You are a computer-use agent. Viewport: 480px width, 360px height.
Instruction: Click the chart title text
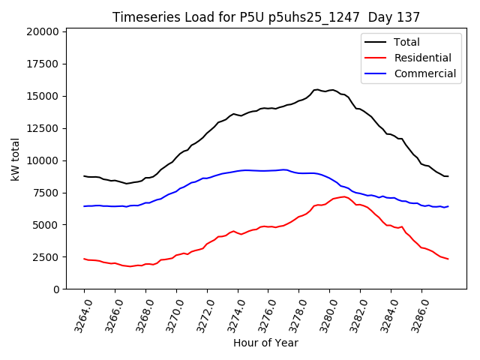coord(266,17)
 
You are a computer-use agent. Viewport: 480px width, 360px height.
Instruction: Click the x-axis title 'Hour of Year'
coord(265,343)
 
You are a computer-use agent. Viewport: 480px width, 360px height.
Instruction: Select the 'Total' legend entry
coord(406,42)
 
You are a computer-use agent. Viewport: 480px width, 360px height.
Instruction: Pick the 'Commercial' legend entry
coord(424,73)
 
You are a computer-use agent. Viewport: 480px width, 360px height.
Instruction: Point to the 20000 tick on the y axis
coord(42,31)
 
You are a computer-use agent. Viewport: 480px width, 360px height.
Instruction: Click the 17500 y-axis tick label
coord(42,64)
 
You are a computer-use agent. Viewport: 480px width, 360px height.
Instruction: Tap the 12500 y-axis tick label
coord(42,128)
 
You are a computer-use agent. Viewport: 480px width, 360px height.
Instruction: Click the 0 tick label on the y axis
coord(55,289)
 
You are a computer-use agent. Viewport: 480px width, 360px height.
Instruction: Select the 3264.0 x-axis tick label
coord(79,313)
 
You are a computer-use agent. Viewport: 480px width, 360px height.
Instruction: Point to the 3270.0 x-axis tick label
coord(171,313)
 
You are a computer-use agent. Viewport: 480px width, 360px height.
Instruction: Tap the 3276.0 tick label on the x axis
coord(263,313)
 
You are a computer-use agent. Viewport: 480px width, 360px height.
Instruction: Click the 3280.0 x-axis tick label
coord(325,313)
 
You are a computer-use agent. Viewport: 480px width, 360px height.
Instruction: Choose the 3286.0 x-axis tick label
coord(416,313)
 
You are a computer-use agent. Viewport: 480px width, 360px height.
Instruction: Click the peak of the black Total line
coord(316,89)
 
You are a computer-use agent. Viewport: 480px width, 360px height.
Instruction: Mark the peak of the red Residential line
coord(343,196)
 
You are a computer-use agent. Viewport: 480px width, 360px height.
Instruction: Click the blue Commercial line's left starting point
coord(84,206)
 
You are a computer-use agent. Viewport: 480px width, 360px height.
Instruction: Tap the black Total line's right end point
coord(448,176)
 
